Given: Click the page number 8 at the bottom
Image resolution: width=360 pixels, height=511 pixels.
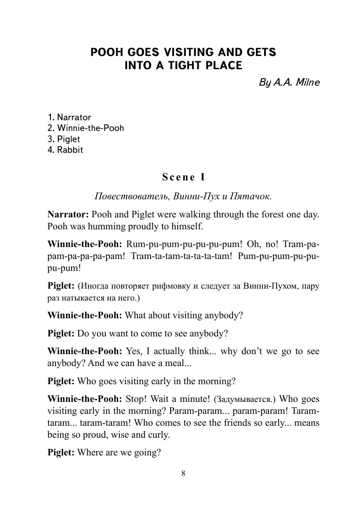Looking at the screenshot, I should coord(183,474).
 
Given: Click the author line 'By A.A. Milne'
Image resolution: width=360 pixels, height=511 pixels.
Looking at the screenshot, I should coord(289,82).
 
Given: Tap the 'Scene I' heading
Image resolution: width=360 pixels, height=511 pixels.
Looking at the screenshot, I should coord(183,177).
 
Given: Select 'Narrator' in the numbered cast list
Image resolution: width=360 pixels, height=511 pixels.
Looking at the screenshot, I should coord(74,117).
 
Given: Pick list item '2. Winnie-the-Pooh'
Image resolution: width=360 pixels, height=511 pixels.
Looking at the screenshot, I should coord(86,128).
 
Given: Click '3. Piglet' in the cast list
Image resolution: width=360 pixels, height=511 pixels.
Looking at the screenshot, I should coord(64,139).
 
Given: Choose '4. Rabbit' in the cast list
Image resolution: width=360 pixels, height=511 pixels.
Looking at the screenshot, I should coord(65,150).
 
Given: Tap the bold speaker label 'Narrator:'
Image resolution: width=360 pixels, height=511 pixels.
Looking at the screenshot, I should coord(68,215).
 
